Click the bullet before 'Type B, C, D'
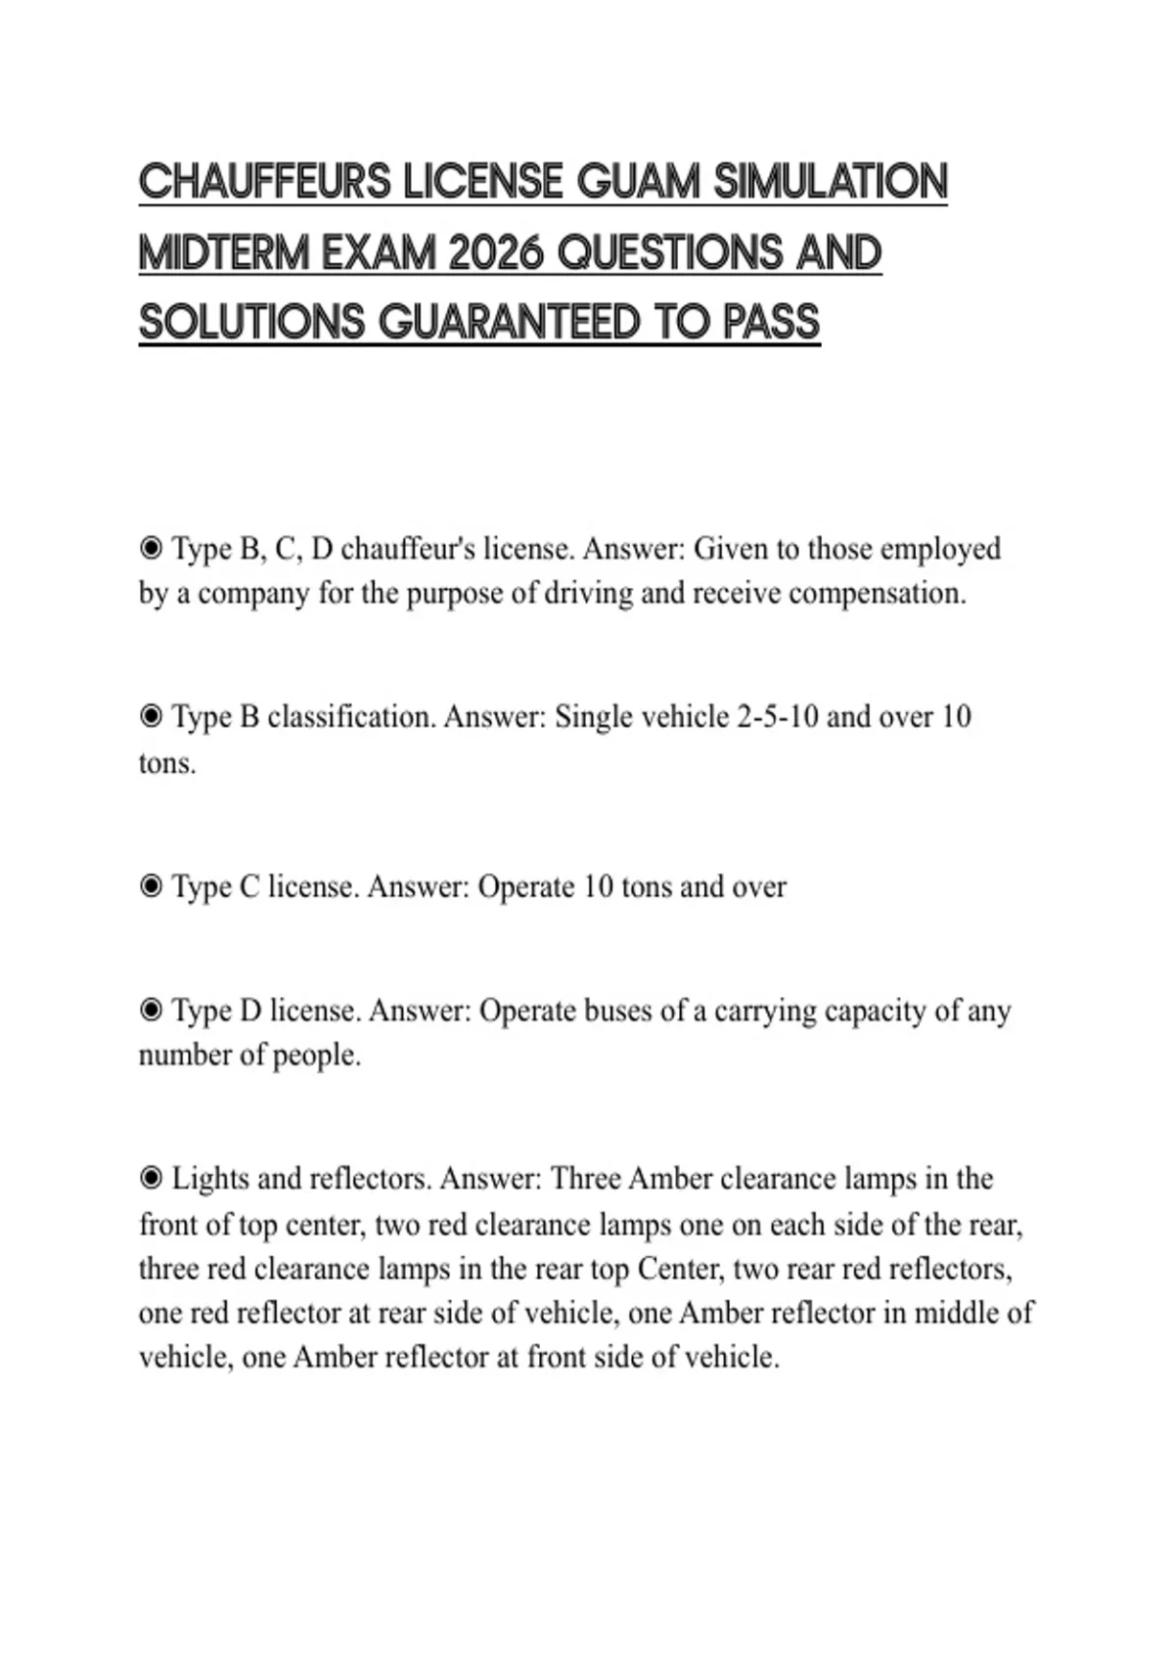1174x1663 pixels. (x=151, y=548)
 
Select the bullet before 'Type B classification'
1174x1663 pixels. (x=151, y=717)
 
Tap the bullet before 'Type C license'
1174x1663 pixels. (x=151, y=886)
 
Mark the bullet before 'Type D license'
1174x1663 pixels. (x=151, y=1010)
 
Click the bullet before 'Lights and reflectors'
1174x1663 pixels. (x=151, y=1179)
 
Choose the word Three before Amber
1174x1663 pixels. (x=585, y=1179)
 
